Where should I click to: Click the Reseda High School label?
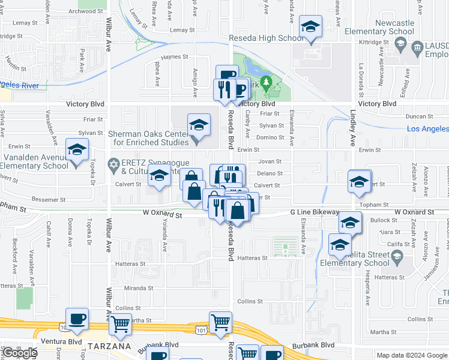click(267, 38)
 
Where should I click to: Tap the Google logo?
click(20, 353)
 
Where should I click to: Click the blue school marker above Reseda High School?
click(311, 28)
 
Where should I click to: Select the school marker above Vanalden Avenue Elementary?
click(77, 151)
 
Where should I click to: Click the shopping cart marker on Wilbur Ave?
click(121, 324)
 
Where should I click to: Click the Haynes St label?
click(175, 57)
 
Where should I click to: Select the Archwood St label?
click(82, 11)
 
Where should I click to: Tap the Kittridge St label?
click(375, 43)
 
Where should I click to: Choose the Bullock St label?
click(380, 221)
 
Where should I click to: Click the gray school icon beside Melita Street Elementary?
click(396, 256)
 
